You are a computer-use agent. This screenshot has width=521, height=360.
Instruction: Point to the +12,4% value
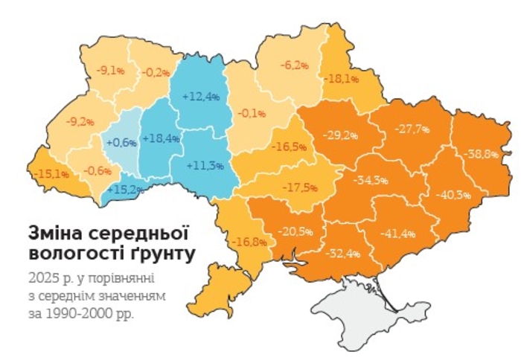(202, 96)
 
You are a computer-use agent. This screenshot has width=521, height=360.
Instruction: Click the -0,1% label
(252, 113)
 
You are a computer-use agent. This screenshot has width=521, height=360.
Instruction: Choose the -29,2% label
(340, 135)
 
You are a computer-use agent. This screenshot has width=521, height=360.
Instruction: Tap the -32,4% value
(343, 254)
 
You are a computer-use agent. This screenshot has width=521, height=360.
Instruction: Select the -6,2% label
(294, 65)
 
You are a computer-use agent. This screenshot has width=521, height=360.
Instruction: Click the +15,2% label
(125, 189)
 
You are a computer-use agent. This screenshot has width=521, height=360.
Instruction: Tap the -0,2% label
(154, 72)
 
